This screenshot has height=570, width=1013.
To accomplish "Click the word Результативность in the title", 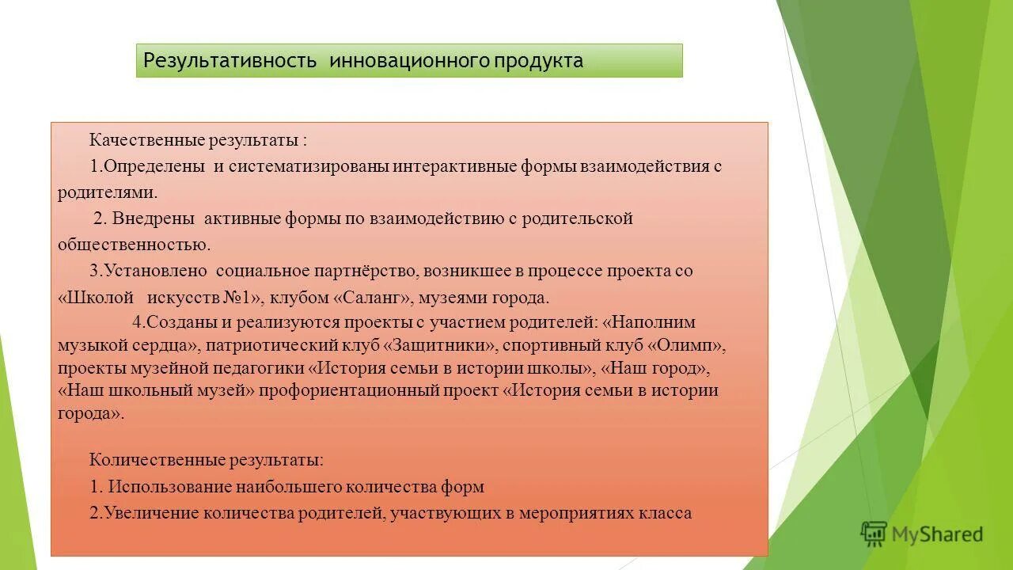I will coord(230,61).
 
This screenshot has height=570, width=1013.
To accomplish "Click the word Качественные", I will coord(147,140).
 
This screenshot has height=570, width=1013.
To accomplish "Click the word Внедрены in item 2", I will coord(154,218).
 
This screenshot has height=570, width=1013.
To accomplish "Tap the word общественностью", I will coord(134,245).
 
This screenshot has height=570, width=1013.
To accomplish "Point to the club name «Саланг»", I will coord(369,298).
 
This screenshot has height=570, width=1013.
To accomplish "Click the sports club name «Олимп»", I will coord(686,346).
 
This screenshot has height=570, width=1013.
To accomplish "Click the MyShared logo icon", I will coord(874,534).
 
